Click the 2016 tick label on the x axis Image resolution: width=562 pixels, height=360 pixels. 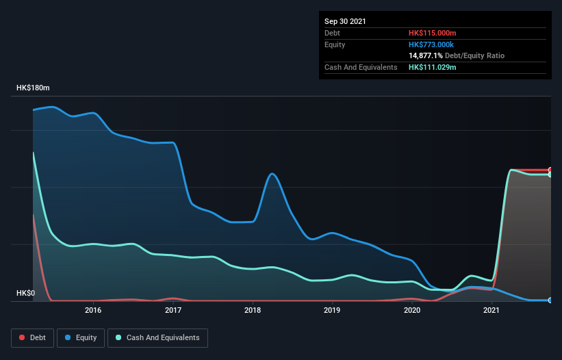tap(93, 310)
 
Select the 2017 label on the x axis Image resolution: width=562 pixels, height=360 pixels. tap(173, 310)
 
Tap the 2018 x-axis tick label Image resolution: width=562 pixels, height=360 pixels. tap(253, 310)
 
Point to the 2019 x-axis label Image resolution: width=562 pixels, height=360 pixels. tap(332, 310)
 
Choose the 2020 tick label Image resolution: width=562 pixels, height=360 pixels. tap(412, 310)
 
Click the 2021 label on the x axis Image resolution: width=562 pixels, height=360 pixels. tap(491, 310)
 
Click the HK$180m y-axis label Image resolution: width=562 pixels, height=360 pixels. tap(33, 88)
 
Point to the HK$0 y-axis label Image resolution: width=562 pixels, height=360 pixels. tap(25, 294)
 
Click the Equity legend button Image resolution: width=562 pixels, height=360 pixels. tap(80, 337)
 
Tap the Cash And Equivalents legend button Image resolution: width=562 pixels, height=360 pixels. tap(157, 337)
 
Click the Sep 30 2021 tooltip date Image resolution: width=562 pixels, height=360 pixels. tap(345, 21)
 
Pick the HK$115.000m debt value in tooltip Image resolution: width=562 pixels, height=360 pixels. tap(433, 32)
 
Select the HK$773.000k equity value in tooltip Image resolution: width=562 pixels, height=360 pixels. tap(432, 44)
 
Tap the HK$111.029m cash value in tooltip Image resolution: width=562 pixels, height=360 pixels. tap(433, 67)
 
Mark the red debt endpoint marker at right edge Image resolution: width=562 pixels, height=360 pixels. tap(550, 170)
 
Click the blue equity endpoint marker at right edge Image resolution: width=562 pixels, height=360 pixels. tap(550, 300)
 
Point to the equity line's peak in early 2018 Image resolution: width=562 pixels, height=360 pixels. tap(272, 173)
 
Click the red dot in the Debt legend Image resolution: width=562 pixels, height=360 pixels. tap(23, 337)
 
